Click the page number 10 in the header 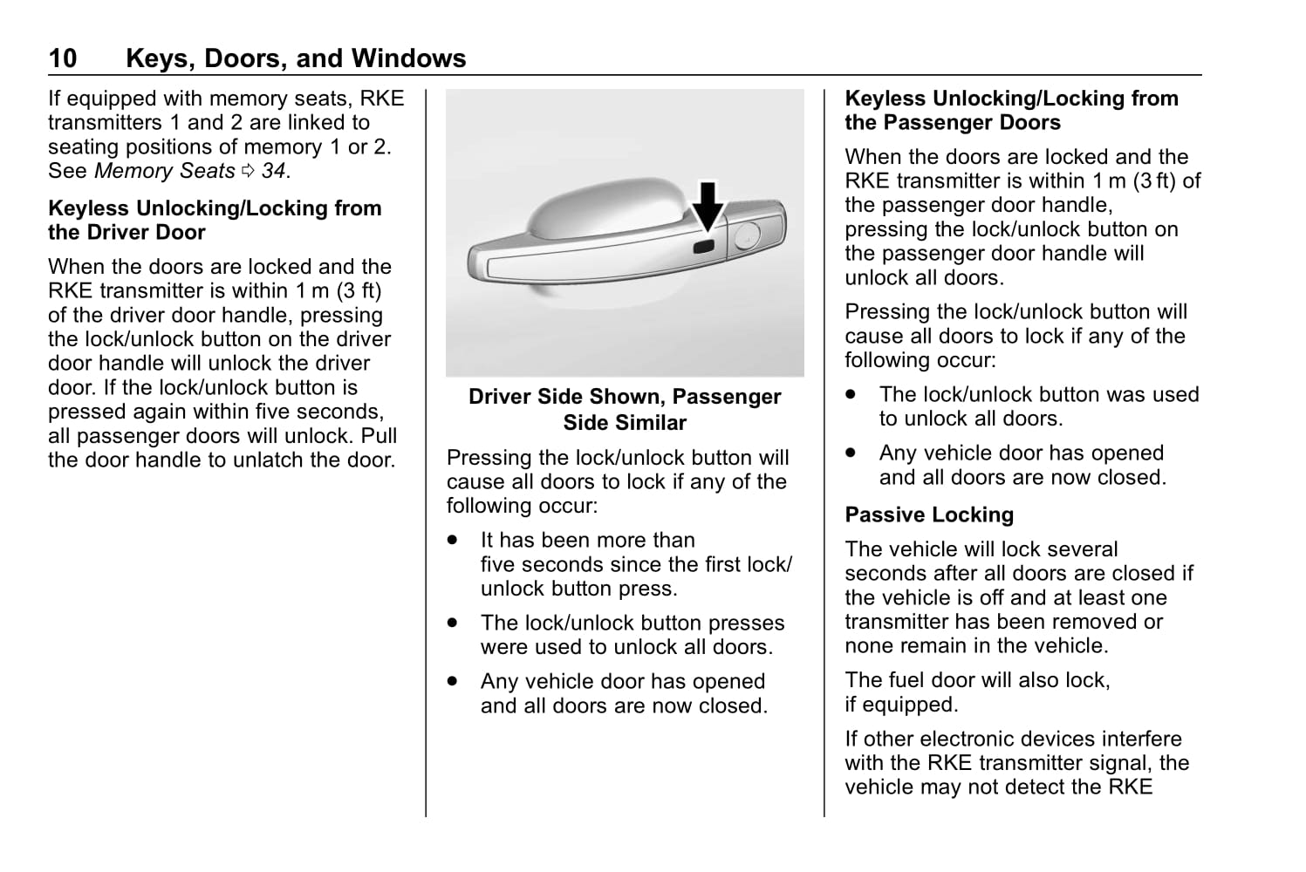point(63,58)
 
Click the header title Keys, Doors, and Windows point(296,58)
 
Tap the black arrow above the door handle point(708,208)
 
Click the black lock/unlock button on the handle point(703,248)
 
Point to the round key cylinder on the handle point(747,235)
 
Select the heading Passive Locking point(929,515)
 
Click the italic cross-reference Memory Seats point(164,171)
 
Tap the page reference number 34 point(273,171)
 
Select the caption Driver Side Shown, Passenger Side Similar point(625,410)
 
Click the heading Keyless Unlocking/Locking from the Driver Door point(215,221)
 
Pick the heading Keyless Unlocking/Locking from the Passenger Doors point(1011,111)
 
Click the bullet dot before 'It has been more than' point(452,541)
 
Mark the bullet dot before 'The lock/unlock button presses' point(452,623)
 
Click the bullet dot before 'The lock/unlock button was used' point(851,395)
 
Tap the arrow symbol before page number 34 point(248,172)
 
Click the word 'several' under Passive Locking point(1079,549)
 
